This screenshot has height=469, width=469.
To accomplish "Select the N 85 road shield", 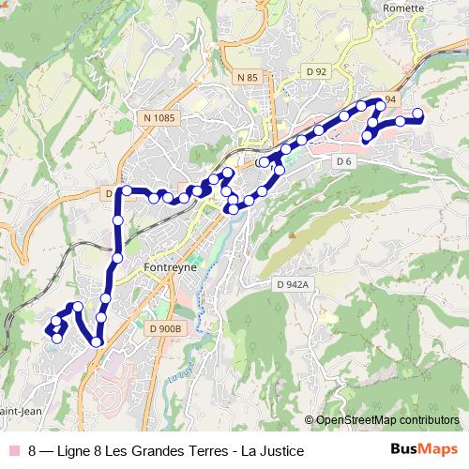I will click(247, 76).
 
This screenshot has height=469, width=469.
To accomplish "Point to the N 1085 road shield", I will click(160, 117).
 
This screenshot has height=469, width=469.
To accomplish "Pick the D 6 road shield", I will click(343, 161).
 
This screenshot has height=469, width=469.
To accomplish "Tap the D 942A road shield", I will click(292, 282).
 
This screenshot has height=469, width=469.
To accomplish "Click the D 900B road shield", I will click(165, 328).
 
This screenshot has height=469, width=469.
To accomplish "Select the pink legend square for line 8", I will click(12, 451).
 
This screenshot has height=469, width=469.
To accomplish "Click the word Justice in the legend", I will click(281, 451).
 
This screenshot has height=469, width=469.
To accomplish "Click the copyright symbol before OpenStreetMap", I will click(310, 420).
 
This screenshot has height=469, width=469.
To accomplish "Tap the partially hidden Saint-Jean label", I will click(19, 409).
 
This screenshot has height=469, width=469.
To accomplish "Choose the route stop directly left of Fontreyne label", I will click(117, 257).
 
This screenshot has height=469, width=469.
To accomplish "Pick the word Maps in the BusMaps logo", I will click(437, 450).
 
